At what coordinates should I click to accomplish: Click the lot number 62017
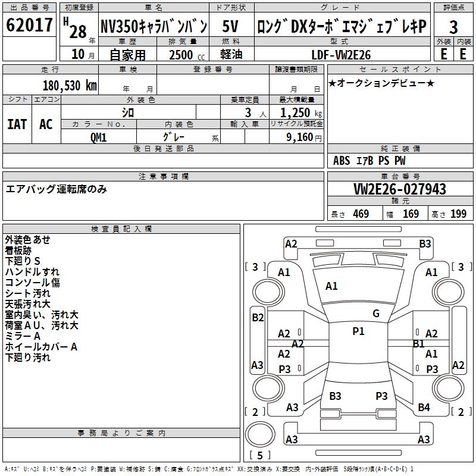(30, 26)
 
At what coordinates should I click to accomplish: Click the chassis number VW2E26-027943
(399, 190)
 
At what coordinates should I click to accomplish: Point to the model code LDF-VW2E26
(341, 55)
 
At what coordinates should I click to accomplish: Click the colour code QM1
(98, 136)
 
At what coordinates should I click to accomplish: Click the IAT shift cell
(17, 124)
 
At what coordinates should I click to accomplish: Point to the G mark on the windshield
(375, 314)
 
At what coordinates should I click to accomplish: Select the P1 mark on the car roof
(358, 331)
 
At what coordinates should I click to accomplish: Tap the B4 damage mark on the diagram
(424, 408)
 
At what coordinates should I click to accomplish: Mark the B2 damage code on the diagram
(258, 318)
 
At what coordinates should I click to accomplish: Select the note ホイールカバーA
(41, 347)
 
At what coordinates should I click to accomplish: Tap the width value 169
(411, 214)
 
